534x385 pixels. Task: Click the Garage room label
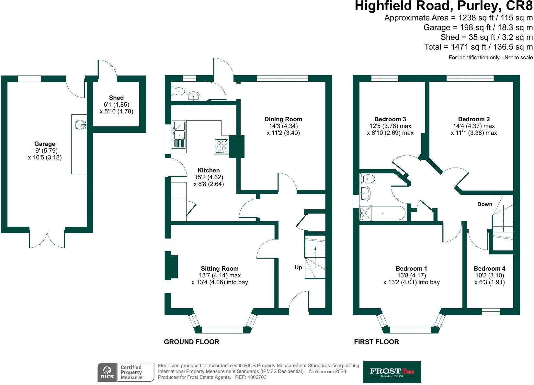pyautogui.click(x=45, y=144)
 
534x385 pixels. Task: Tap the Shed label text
pyautogui.click(x=116, y=98)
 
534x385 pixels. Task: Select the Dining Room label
pyautogui.click(x=283, y=119)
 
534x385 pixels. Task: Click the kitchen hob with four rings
pyautogui.click(x=221, y=146)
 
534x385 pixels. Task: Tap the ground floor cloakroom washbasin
pyautogui.click(x=194, y=96)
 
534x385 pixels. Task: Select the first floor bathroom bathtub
pyautogui.click(x=383, y=213)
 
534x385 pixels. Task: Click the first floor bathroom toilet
pyautogui.click(x=368, y=179)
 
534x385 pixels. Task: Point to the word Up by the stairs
pyautogui.click(x=298, y=267)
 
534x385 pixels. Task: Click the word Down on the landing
pyautogui.click(x=484, y=204)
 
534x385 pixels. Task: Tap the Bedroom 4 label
pyautogui.click(x=489, y=269)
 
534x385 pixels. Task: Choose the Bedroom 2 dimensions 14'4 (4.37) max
pyautogui.click(x=474, y=126)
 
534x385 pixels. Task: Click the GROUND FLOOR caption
pyautogui.click(x=191, y=342)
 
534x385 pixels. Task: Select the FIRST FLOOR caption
pyautogui.click(x=376, y=342)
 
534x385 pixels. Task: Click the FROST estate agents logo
pyautogui.click(x=392, y=372)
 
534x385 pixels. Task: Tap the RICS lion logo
pyautogui.click(x=107, y=372)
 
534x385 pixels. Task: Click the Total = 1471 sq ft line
pyautogui.click(x=478, y=47)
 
